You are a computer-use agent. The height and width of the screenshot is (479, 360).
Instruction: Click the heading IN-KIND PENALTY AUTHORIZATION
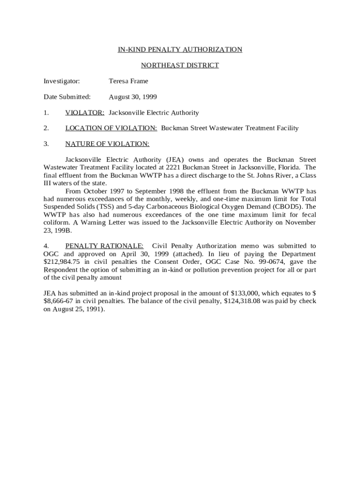coord(180,50)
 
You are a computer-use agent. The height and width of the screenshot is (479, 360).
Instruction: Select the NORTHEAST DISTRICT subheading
coord(180,65)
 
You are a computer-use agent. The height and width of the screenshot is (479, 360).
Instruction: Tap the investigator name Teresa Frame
coord(129,81)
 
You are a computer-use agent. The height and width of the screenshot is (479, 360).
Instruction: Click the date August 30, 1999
coord(133,97)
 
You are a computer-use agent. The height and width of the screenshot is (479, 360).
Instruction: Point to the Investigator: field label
coord(62,81)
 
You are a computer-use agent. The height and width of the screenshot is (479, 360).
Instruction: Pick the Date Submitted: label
coord(67,97)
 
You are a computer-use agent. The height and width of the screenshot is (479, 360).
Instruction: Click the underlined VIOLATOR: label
coord(85,113)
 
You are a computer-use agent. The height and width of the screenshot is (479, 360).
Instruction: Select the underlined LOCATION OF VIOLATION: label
coord(111,128)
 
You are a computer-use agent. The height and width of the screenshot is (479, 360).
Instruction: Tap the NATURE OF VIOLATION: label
coord(107,144)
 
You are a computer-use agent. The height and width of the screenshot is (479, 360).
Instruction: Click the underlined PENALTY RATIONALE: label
coord(104,246)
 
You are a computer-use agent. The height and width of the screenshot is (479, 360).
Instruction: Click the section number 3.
coord(46,144)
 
